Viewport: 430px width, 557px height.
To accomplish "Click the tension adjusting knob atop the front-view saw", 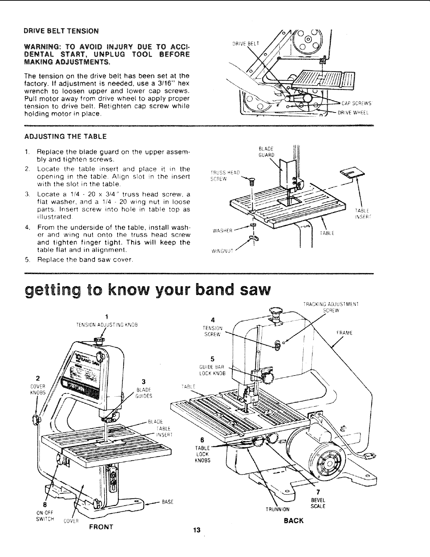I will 99,340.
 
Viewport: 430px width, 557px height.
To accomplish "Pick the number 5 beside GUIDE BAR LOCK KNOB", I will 212,359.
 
